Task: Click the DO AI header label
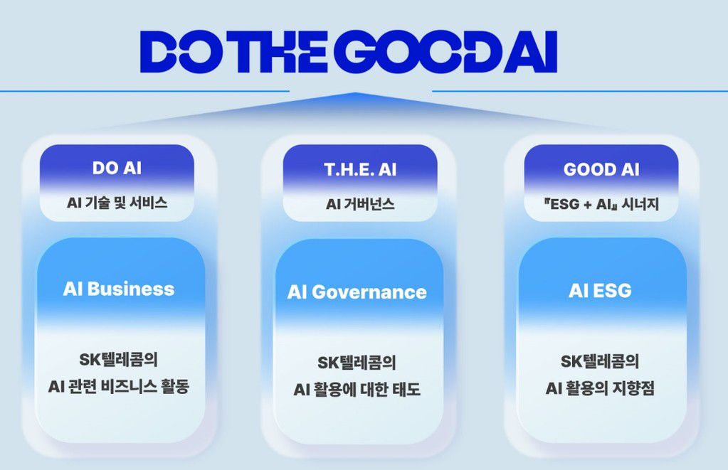pos(117,169)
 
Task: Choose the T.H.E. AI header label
pos(360,170)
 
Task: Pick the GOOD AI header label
pos(601,170)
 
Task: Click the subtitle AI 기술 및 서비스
pos(117,203)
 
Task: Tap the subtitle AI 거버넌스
pos(360,204)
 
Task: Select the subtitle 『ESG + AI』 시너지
pos(601,204)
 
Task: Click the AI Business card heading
pos(119,289)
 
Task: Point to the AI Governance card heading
pos(357,292)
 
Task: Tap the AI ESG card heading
pos(600,291)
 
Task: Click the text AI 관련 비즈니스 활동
pos(119,387)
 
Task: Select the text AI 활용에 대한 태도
pos(357,390)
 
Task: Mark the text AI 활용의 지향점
pos(600,388)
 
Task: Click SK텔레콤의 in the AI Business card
pos(119,359)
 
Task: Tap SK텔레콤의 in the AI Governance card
pos(357,362)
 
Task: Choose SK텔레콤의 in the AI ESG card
pos(600,360)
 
